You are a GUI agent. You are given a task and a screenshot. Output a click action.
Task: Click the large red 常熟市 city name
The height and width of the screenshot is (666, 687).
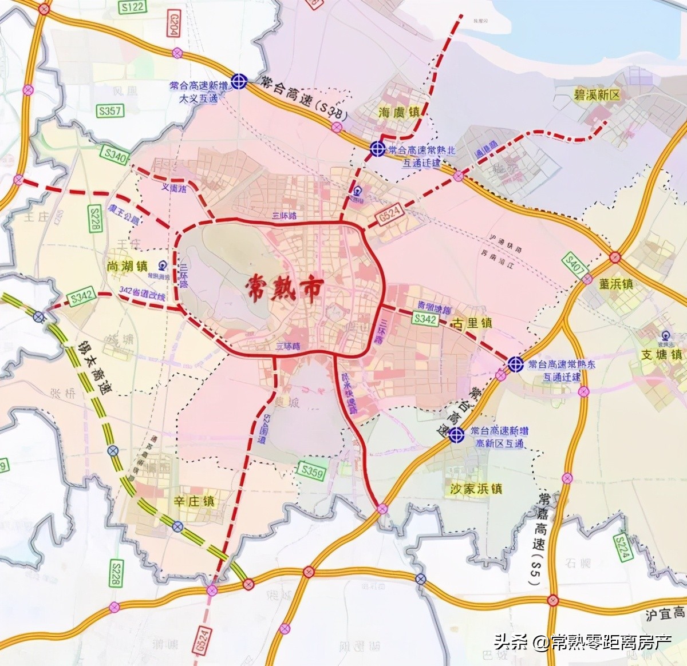(x=285, y=288)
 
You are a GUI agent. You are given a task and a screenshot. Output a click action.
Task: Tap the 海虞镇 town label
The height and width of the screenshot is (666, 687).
(x=399, y=112)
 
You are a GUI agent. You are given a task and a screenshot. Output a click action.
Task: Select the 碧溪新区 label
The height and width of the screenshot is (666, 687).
(x=597, y=95)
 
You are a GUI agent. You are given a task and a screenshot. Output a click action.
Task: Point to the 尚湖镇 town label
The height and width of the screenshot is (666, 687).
(x=127, y=266)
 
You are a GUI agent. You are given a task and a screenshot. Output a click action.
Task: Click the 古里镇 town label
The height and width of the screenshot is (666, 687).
(x=472, y=323)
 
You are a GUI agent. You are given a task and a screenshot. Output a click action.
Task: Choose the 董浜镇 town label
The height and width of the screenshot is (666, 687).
(x=616, y=284)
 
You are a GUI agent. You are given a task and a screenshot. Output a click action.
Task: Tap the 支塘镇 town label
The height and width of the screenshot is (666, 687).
(x=661, y=355)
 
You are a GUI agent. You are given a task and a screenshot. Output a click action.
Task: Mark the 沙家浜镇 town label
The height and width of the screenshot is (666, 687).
(x=476, y=489)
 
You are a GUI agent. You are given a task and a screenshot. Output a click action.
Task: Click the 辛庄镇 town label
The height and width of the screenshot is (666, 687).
(x=194, y=501)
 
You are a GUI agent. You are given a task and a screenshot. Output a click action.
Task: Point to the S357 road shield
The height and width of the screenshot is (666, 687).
(x=109, y=110)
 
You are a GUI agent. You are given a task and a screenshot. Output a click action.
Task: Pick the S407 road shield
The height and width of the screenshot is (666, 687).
(x=575, y=264)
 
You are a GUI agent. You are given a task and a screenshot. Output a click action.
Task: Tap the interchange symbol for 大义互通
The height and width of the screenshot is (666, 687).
(x=239, y=82)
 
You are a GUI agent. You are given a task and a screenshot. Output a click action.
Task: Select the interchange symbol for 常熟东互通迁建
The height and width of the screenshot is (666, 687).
(x=515, y=363)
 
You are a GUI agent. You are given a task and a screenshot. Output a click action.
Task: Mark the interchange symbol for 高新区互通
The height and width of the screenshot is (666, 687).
(x=456, y=435)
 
